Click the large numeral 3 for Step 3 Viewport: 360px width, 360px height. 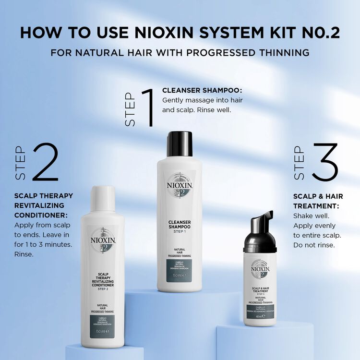325,163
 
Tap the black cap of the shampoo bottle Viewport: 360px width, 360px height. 180,144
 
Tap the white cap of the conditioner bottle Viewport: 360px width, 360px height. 103,198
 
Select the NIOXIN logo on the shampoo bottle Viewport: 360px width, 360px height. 179,185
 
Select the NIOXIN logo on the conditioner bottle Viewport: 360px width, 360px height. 102,240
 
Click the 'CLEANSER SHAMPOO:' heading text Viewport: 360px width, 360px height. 202,90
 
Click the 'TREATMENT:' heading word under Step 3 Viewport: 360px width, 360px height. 316,206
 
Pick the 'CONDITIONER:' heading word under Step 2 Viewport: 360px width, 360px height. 41,215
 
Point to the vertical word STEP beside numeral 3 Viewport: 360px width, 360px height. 299,163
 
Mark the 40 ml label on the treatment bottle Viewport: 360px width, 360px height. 259,316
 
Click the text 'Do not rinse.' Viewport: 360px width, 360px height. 314,245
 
